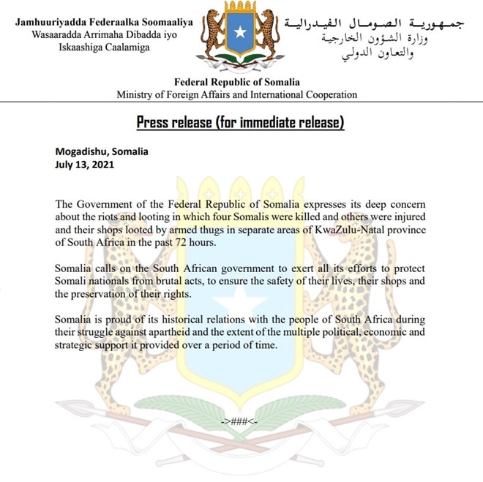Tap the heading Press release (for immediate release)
(x=240, y=121)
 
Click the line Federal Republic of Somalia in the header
(x=236, y=83)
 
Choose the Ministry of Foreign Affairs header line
(x=236, y=95)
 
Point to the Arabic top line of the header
(x=374, y=23)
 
